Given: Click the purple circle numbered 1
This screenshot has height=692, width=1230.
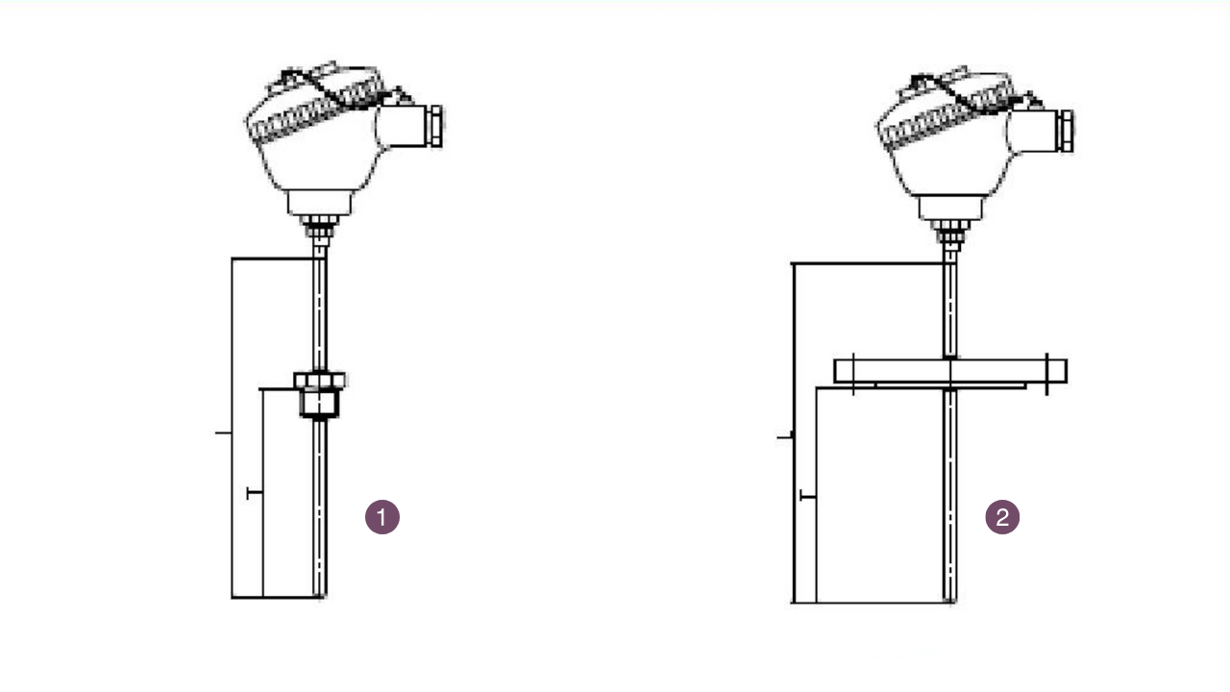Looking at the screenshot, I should [x=382, y=517].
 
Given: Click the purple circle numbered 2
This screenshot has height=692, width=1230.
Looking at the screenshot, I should [x=1002, y=517].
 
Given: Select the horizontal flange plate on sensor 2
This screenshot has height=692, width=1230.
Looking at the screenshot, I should [x=949, y=371].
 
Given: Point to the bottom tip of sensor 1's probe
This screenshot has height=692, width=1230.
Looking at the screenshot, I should [x=320, y=595].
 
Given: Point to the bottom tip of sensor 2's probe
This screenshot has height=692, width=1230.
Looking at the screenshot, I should [x=950, y=601].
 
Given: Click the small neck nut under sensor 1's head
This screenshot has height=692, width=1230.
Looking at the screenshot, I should [x=317, y=230].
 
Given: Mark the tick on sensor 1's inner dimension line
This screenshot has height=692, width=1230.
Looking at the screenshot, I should [x=255, y=493].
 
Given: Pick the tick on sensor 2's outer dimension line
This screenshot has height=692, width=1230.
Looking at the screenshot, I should [x=784, y=437].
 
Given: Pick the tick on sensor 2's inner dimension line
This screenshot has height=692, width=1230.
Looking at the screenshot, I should [x=808, y=496].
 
